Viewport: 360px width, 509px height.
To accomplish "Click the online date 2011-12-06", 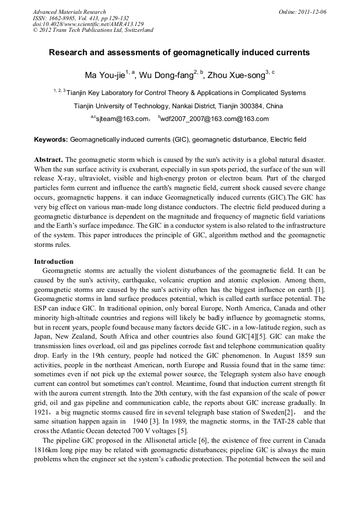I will [x=311, y=11].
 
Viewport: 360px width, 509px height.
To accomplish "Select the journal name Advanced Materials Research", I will [x=69, y=11].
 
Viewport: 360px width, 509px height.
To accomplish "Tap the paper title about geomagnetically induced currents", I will [x=179, y=53].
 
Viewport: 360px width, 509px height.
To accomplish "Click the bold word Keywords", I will [x=51, y=140].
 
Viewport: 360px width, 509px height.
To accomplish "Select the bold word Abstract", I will [x=48, y=160].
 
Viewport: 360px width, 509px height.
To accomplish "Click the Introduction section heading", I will [x=54, y=262].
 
